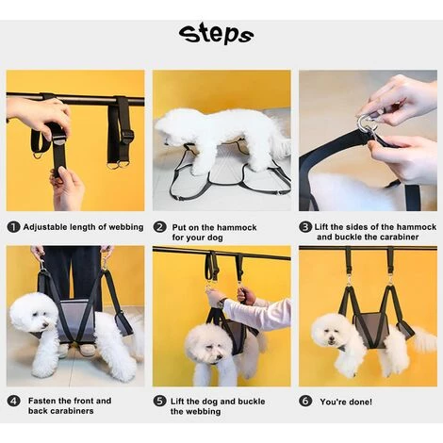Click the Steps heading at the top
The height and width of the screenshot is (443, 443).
216,34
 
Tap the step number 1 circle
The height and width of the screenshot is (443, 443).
13,227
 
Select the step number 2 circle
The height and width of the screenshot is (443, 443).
159,227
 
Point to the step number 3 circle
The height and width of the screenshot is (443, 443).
305,227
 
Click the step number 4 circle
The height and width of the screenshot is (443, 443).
13,402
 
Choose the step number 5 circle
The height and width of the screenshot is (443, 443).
159,402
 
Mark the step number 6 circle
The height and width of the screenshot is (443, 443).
305,402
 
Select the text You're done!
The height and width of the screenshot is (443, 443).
346,402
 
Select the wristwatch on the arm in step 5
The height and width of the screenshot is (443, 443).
221,303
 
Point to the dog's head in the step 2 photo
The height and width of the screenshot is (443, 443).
171,127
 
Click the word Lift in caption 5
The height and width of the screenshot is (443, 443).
177,402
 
